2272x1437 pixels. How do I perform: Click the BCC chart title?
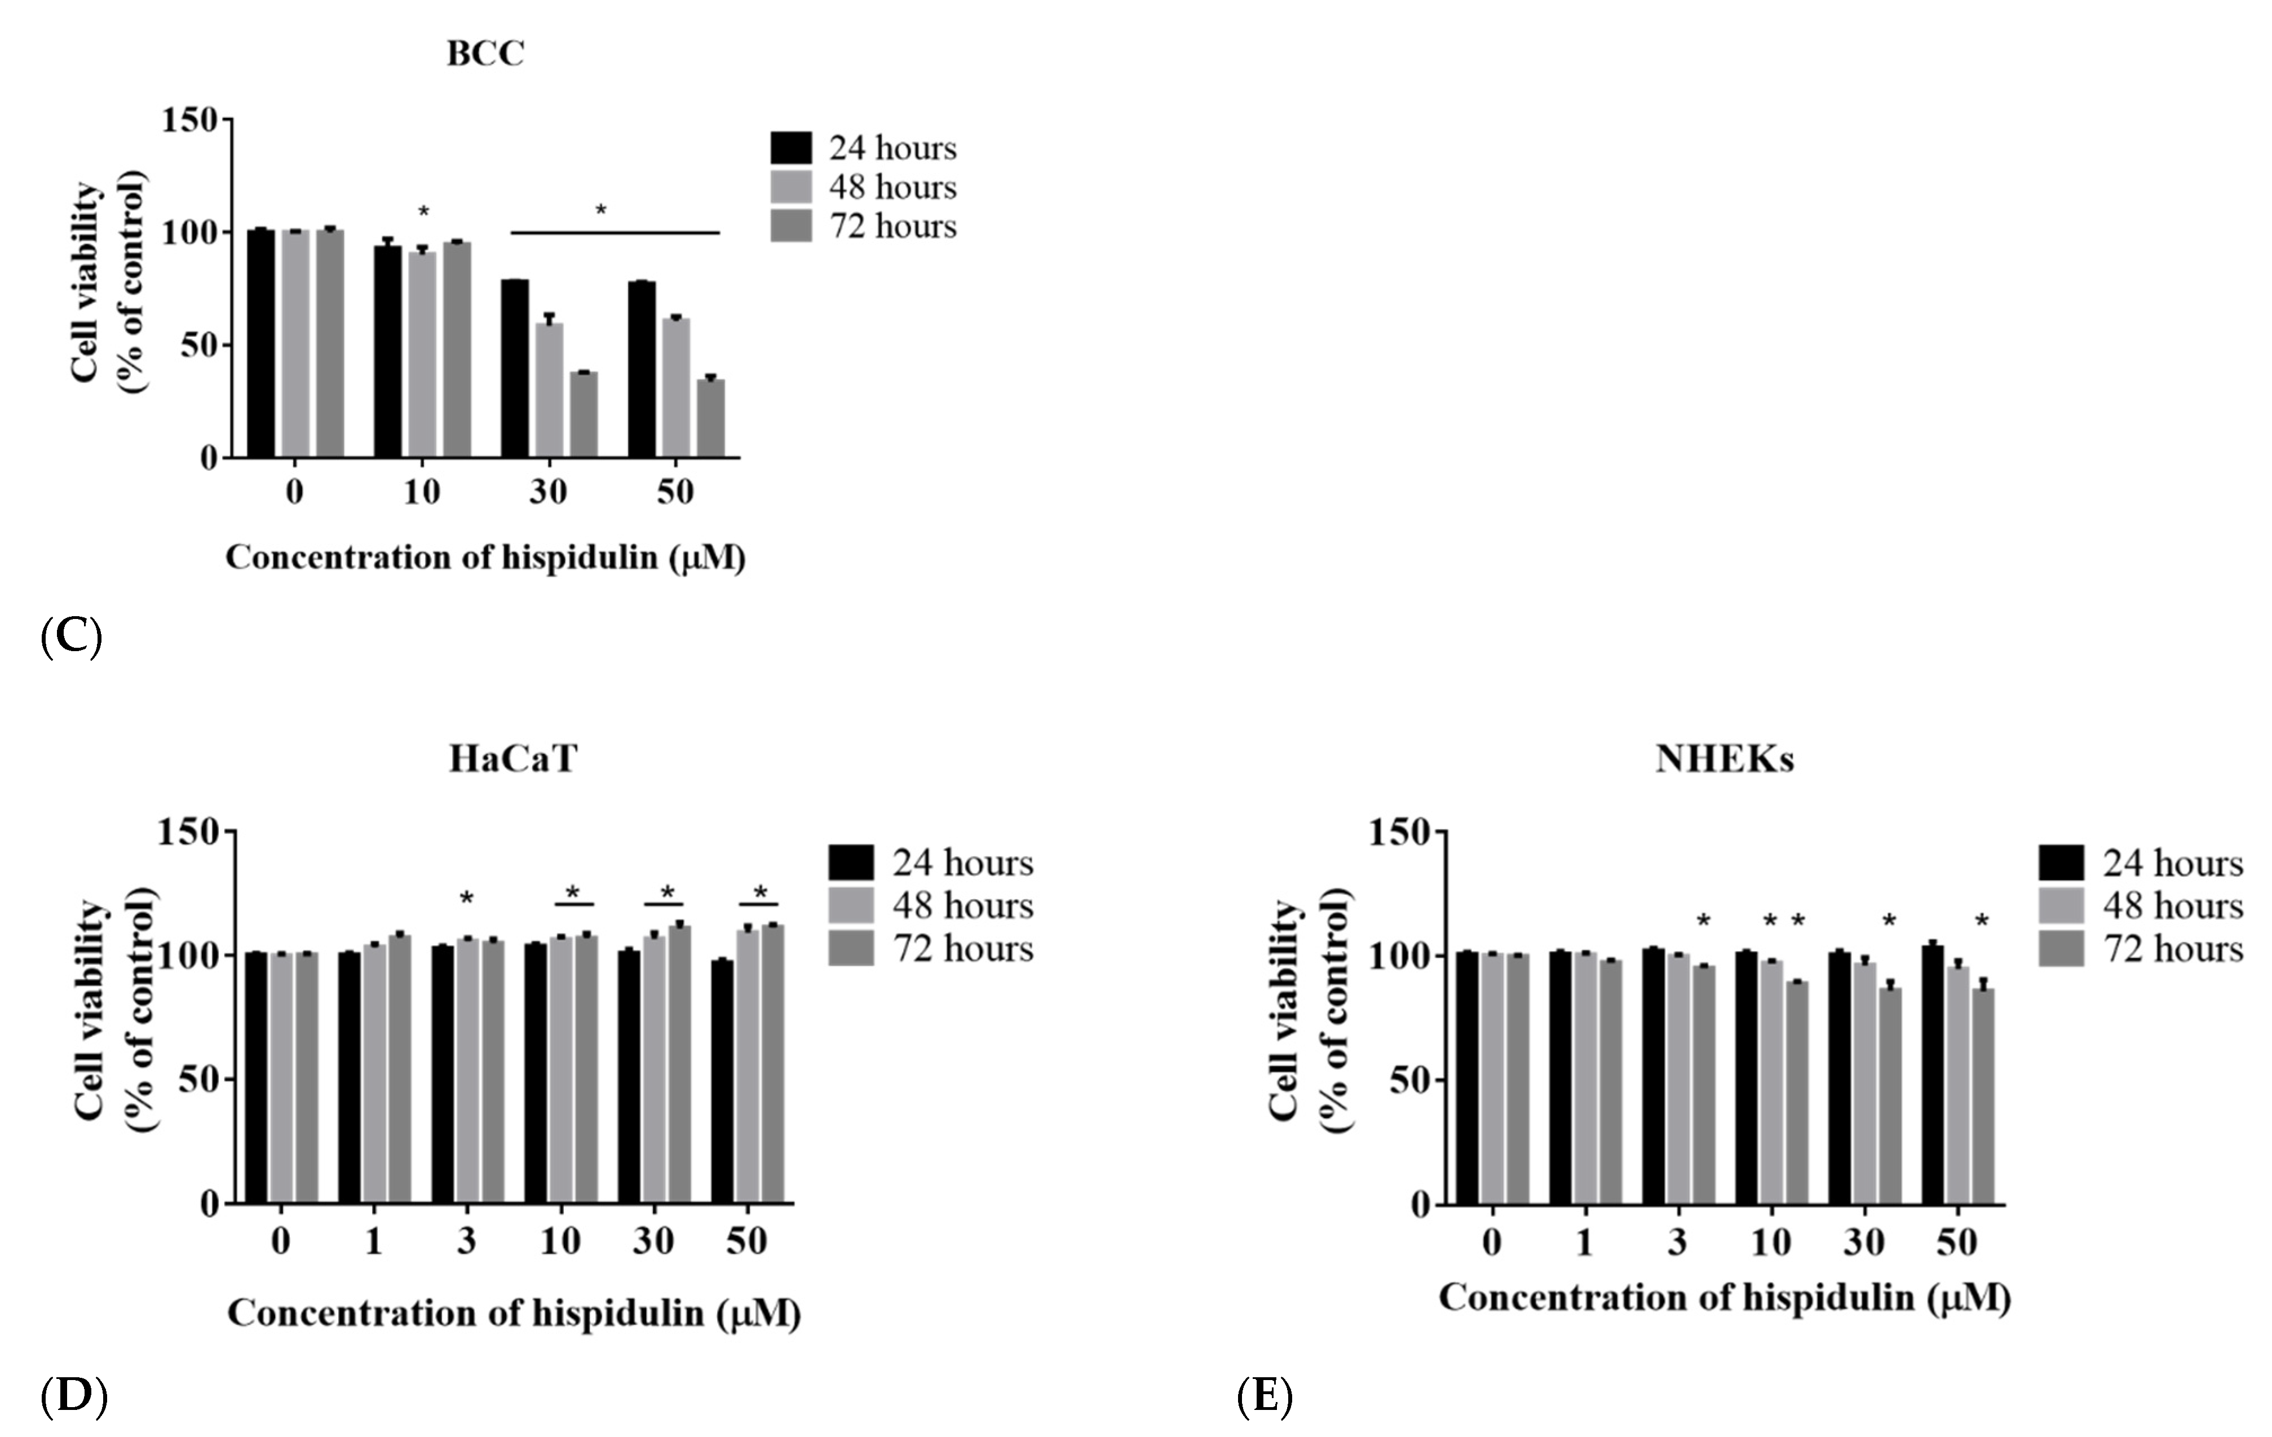coord(485,54)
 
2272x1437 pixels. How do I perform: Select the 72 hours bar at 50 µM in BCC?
coord(710,418)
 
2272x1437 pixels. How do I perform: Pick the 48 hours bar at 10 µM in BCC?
coord(422,354)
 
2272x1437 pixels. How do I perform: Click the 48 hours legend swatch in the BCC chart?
coord(790,187)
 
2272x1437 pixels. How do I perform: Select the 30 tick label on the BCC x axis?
coord(547,492)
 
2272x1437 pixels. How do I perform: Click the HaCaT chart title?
coord(512,759)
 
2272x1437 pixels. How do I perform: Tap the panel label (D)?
coord(74,1396)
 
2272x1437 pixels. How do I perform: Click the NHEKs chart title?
coord(1724,759)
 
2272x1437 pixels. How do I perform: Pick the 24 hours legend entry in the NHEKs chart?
coord(2140,863)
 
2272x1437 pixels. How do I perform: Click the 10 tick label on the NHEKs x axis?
coord(1771,1243)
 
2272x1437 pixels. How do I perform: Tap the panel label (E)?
coord(1265,1396)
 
